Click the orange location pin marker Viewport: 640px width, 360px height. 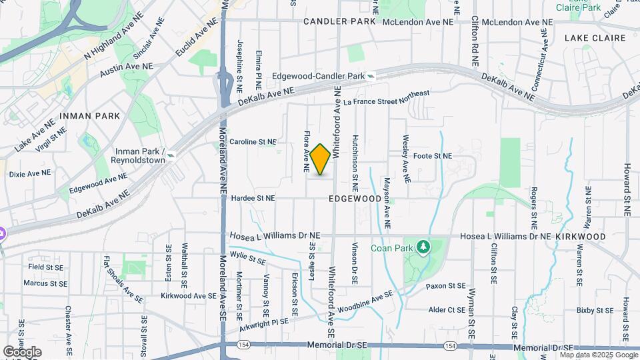pyautogui.click(x=321, y=159)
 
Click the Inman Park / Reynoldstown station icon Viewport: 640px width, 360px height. pyautogui.click(x=171, y=155)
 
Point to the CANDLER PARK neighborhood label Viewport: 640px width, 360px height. pyautogui.click(x=339, y=22)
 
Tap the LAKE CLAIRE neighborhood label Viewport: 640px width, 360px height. pyautogui.click(x=594, y=38)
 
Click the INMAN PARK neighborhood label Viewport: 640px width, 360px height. pyautogui.click(x=89, y=116)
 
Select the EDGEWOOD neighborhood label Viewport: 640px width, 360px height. pyautogui.click(x=355, y=199)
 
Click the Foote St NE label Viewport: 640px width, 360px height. pyautogui.click(x=433, y=156)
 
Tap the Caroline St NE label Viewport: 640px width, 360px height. pyautogui.click(x=253, y=142)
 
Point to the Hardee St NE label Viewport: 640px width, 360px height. pyautogui.click(x=253, y=198)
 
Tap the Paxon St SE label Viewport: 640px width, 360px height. pyautogui.click(x=446, y=286)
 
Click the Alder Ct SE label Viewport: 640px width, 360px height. pyautogui.click(x=447, y=310)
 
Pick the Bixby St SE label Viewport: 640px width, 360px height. pyautogui.click(x=595, y=310)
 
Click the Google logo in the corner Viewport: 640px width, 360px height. pyautogui.click(x=22, y=351)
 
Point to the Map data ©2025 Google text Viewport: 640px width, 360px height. pyautogui.click(x=599, y=355)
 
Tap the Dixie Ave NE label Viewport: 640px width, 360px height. pyautogui.click(x=30, y=173)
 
